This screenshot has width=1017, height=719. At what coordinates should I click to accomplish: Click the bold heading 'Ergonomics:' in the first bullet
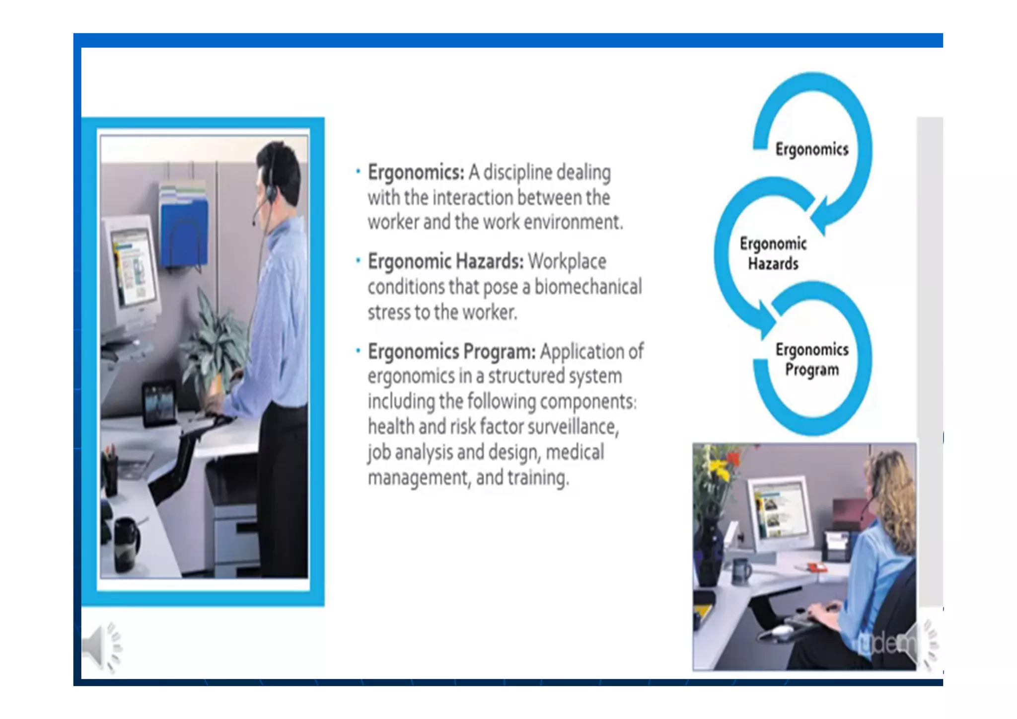416,172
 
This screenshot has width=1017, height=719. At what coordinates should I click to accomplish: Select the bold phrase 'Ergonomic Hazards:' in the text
445,261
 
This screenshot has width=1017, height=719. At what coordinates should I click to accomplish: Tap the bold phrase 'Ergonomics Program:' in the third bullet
451,351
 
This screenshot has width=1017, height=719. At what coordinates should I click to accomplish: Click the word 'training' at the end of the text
537,478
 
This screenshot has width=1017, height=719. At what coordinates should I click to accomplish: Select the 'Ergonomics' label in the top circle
811,149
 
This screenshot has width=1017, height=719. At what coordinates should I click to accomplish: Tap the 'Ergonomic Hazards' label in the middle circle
773,253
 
